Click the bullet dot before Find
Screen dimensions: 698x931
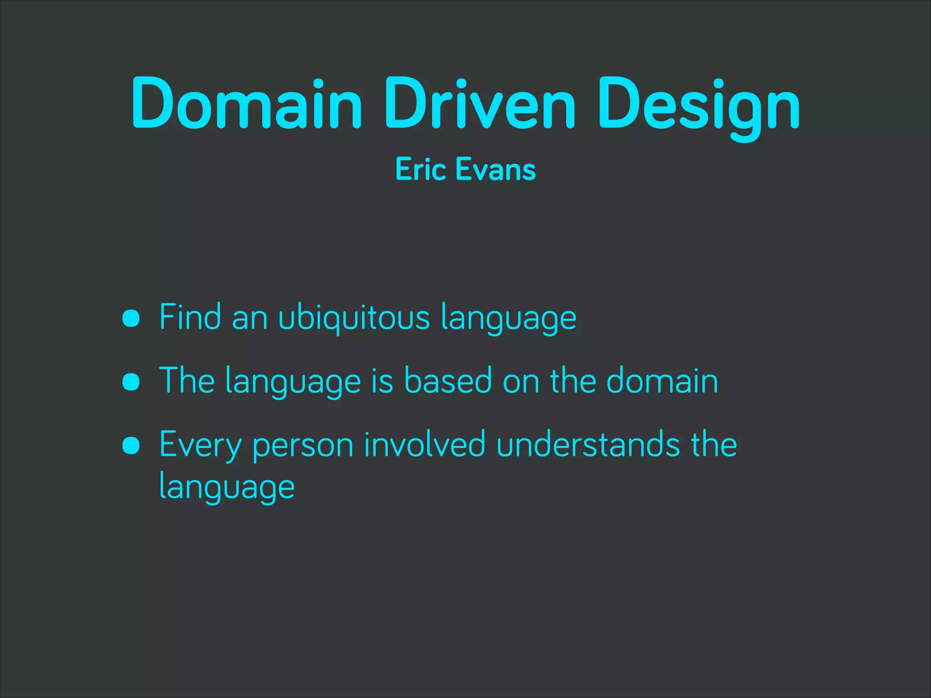click(131, 318)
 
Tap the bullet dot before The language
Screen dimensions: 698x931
click(131, 382)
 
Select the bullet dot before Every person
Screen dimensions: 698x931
click(131, 445)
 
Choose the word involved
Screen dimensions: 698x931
click(425, 444)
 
